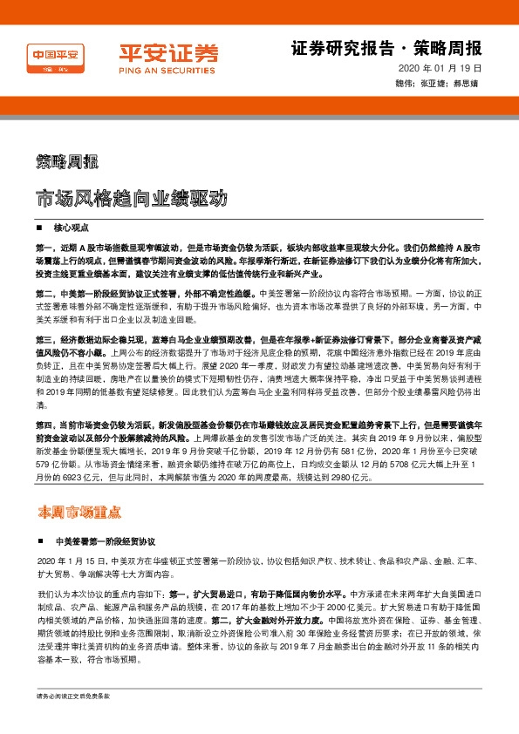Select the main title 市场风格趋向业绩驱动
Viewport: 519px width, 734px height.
tap(132, 198)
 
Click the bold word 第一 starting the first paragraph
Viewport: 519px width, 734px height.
tap(44, 248)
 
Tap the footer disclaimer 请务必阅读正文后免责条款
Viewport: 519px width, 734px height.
tap(72, 721)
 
